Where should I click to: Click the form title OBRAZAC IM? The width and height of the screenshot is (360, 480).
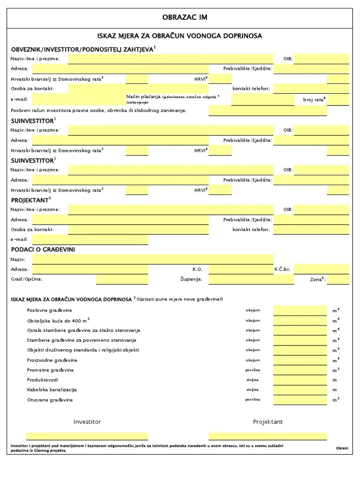184,17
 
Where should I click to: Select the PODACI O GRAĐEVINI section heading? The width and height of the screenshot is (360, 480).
43,249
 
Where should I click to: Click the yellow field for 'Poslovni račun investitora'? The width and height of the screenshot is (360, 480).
278,111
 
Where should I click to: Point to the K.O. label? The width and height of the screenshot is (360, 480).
197,270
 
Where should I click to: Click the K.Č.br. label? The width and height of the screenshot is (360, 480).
283,270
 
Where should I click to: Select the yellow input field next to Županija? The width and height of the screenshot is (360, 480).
251,279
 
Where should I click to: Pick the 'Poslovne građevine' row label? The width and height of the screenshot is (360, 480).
50,310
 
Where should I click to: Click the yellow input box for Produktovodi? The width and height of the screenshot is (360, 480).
300,380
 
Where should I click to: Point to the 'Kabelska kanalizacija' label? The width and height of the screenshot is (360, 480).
52,390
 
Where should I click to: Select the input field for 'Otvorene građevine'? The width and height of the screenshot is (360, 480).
300,399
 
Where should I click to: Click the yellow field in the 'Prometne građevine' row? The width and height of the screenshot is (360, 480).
300,370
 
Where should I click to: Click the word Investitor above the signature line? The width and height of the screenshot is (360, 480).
87,422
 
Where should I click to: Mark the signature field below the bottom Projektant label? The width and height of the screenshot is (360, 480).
268,436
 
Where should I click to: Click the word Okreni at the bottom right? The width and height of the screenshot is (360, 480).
342,449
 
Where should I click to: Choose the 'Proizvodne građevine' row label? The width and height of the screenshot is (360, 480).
52,360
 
